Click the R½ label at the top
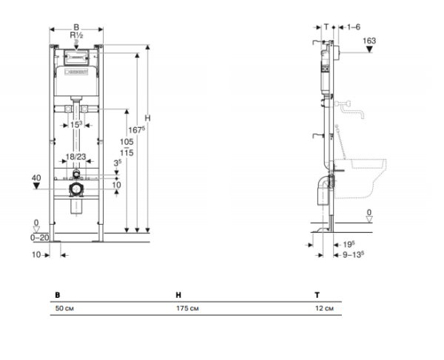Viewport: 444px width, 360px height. click(75, 35)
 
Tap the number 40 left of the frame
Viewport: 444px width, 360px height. click(35, 178)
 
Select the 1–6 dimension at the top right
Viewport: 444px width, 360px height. click(354, 27)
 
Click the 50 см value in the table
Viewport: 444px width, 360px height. click(65, 308)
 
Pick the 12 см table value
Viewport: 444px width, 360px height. click(324, 308)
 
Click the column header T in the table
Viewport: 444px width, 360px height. click(317, 293)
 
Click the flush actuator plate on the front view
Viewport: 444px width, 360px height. click(77, 56)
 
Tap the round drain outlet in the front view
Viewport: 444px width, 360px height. click(75, 190)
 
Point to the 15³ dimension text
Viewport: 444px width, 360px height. click(77, 125)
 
